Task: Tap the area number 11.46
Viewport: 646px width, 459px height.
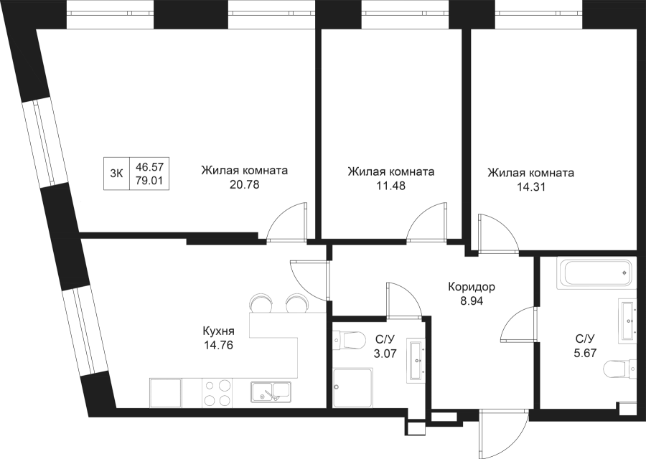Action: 390,185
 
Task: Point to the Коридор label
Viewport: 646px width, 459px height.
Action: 472,288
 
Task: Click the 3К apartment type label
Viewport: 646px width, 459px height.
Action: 116,172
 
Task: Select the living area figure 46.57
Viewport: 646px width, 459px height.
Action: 149,166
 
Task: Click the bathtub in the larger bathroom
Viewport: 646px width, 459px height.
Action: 596,273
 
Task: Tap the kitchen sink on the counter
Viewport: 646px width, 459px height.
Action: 270,392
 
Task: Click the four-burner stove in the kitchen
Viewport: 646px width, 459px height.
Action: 217,392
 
